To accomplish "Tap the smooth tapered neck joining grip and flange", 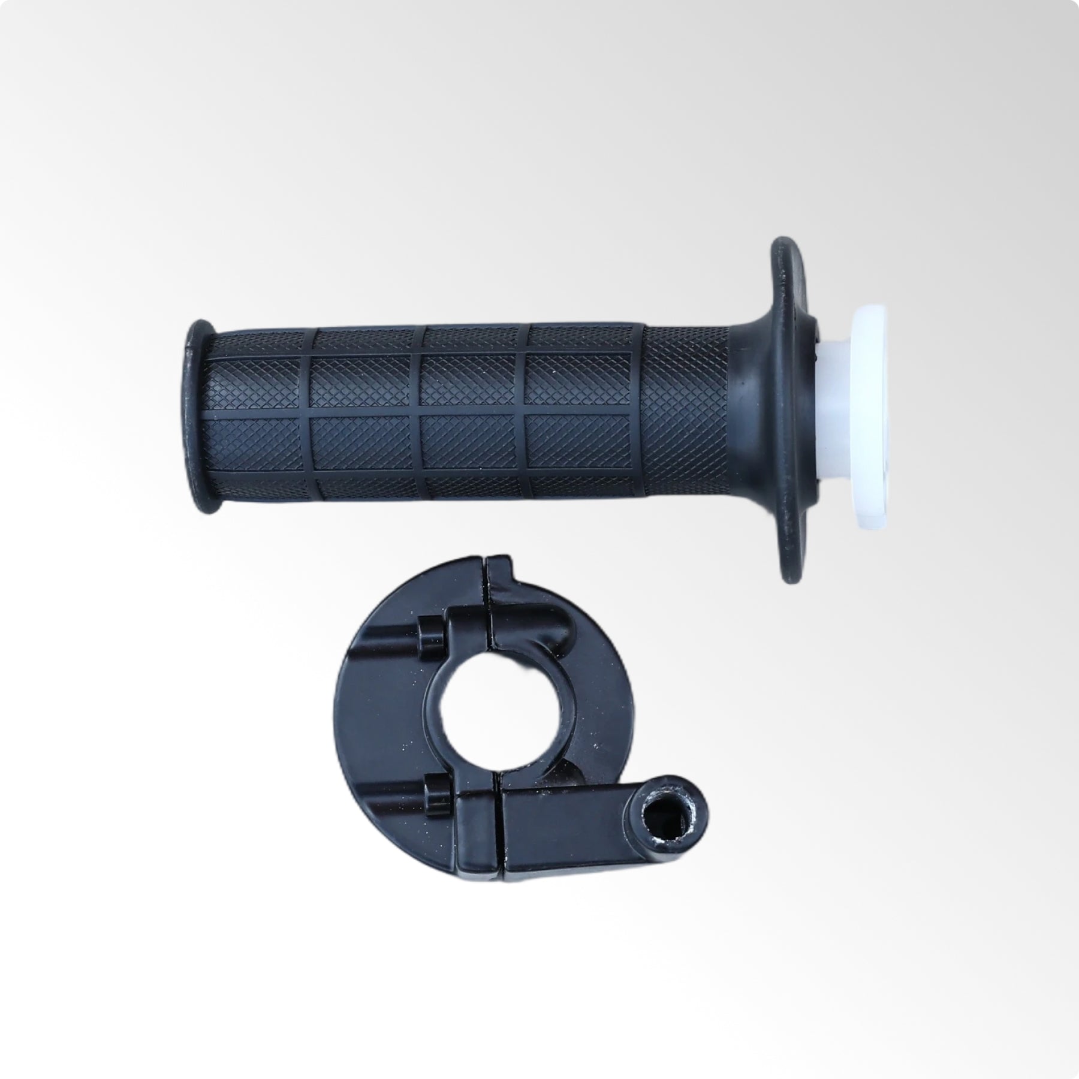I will (x=746, y=414).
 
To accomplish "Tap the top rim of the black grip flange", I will (x=785, y=252).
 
